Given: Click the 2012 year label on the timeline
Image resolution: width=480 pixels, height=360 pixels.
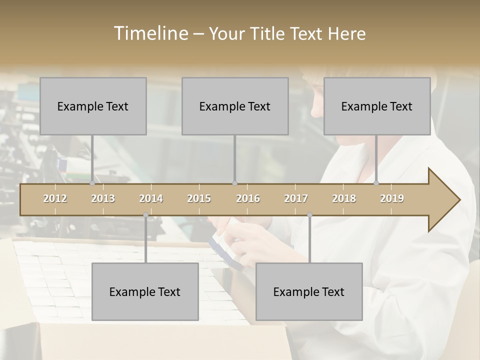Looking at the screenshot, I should click(x=55, y=198).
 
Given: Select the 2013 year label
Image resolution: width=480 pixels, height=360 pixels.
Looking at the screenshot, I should click(x=103, y=198).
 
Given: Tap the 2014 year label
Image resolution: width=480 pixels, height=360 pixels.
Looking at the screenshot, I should click(x=151, y=198).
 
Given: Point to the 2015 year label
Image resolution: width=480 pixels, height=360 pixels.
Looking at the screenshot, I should click(x=199, y=198).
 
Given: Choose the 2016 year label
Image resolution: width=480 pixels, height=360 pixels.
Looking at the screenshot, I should click(x=248, y=198).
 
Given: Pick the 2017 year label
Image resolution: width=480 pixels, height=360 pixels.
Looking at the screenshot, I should click(x=296, y=198).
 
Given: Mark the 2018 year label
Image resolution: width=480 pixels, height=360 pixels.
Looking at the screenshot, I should click(x=344, y=198).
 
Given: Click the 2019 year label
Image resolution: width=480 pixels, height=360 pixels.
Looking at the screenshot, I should click(x=392, y=198).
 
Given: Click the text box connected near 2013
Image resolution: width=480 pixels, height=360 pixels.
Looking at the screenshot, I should click(x=93, y=106).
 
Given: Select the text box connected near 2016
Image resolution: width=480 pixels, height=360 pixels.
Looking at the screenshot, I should click(x=235, y=106).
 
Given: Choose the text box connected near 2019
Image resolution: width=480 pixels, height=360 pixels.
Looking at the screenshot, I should click(x=377, y=106).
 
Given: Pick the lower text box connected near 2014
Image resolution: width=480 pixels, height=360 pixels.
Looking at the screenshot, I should click(x=145, y=291).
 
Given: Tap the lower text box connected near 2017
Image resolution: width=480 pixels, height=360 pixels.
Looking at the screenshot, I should click(x=309, y=291).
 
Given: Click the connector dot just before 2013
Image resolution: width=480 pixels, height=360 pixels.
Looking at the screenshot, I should click(x=92, y=183).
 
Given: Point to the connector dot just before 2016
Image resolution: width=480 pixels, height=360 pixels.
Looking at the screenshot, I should click(x=235, y=183).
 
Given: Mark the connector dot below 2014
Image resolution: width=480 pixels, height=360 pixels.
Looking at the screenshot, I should click(x=145, y=215).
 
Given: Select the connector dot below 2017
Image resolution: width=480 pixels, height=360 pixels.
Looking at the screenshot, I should click(x=309, y=215).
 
